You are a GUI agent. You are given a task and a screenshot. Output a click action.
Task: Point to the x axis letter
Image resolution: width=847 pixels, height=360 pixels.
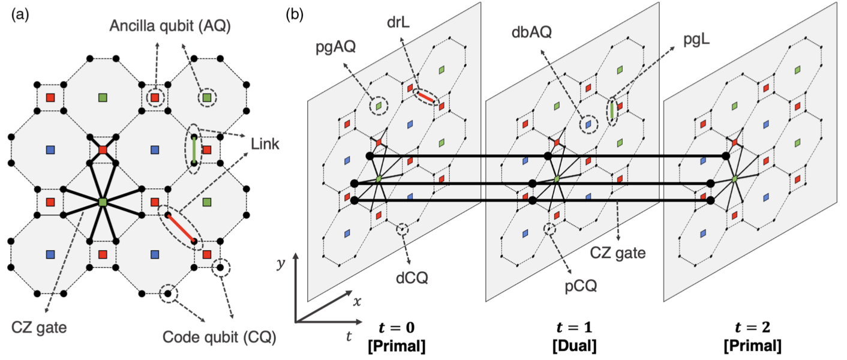click(x=357, y=302)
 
